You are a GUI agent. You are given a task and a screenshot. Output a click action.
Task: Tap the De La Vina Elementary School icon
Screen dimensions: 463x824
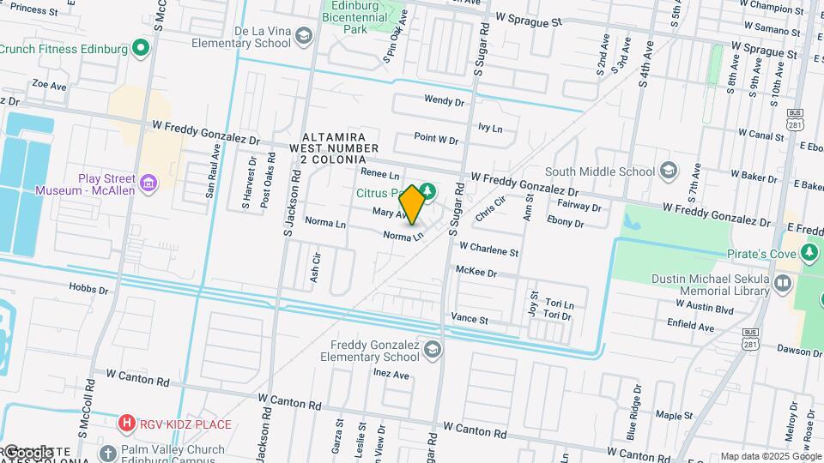pos(303,35)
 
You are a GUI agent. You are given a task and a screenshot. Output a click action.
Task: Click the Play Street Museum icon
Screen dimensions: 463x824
pos(148,183)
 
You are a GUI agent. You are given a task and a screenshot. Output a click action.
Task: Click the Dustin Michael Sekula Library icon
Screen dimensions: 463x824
pos(782,284)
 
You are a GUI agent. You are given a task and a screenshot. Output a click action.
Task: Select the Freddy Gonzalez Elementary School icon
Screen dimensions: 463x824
pos(433,348)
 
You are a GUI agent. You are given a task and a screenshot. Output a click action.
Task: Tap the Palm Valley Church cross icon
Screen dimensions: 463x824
pos(107,453)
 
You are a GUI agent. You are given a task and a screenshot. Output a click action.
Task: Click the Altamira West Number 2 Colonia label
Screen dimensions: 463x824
pos(334,148)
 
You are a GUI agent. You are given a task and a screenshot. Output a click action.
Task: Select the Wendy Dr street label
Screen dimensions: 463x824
pos(444,100)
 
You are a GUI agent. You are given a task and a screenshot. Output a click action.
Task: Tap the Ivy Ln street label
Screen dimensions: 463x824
pos(489,128)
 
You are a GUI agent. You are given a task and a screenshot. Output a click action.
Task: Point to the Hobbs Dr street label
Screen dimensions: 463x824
pos(89,290)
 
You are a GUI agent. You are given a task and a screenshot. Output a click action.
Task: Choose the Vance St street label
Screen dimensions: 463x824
pos(470,319)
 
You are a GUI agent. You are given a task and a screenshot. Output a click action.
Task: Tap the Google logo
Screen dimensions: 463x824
pos(27,452)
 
